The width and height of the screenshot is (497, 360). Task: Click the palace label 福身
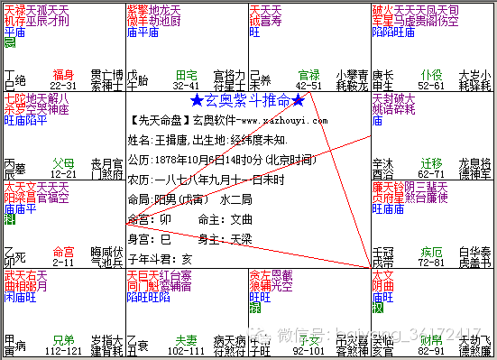coord(63,74)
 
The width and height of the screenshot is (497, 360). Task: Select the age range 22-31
coord(63,84)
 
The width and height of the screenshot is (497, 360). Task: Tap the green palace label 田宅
coord(187,74)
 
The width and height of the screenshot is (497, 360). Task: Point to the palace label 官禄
coord(308,74)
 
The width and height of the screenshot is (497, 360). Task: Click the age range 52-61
coord(431,84)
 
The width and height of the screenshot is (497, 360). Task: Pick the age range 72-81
coord(431,261)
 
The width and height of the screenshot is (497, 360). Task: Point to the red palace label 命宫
coord(63,251)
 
